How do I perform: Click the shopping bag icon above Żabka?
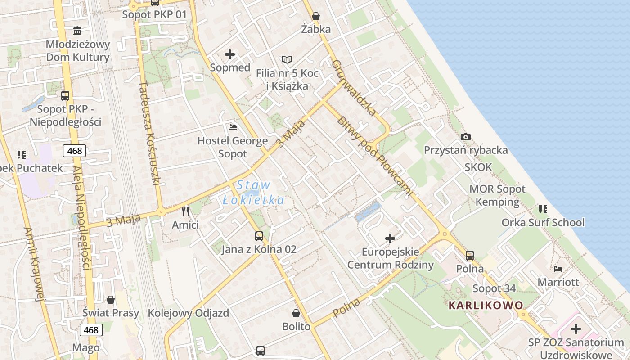coord(316,16)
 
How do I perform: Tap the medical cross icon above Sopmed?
coord(230,54)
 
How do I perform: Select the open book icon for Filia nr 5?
coord(287,59)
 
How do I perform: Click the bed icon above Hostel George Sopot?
coord(233,127)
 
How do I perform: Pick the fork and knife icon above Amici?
coord(185,211)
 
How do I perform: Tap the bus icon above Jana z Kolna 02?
coord(259,236)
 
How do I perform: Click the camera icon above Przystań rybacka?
coord(466,137)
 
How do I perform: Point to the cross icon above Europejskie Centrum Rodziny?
coord(390,238)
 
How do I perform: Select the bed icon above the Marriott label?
coord(558,269)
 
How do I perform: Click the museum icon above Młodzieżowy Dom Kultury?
coord(78,31)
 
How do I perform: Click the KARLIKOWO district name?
coord(486,305)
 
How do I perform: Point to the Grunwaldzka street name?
coord(354,87)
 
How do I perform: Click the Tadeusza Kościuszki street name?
coord(150,133)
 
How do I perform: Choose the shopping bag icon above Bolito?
coord(296,313)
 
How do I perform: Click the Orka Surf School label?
coord(543,222)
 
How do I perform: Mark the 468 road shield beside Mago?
coord(91,330)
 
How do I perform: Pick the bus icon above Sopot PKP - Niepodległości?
coord(65,95)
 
